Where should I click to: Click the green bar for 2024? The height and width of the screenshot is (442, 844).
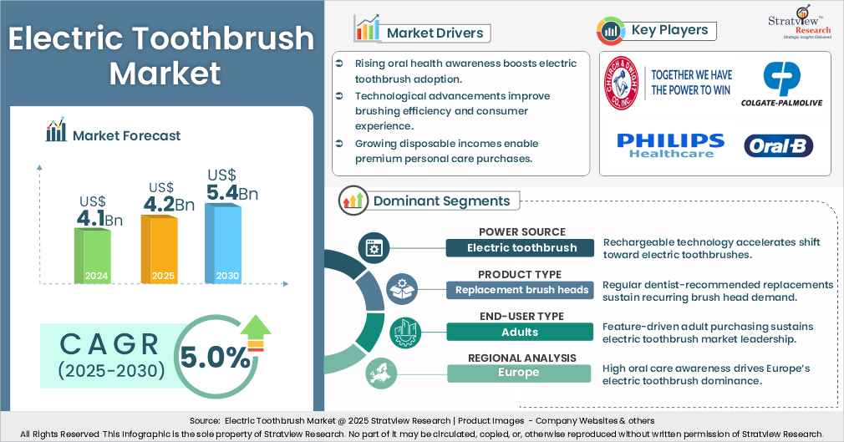point(92,256)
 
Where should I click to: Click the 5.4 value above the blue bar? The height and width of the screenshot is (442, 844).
point(221,193)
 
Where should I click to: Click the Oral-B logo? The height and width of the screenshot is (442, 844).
point(778,146)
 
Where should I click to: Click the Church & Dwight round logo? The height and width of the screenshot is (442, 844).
point(624,84)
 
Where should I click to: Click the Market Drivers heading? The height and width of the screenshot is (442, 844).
point(435,33)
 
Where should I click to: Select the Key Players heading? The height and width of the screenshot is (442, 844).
point(669,30)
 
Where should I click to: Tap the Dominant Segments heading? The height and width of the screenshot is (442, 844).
point(441,201)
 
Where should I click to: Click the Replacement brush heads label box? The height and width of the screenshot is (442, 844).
point(521,290)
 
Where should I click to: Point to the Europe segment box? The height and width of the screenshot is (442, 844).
point(518,373)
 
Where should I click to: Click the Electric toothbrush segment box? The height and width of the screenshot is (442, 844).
point(521,247)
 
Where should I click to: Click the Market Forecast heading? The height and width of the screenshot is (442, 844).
point(126,135)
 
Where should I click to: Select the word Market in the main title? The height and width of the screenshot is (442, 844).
point(165,74)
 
